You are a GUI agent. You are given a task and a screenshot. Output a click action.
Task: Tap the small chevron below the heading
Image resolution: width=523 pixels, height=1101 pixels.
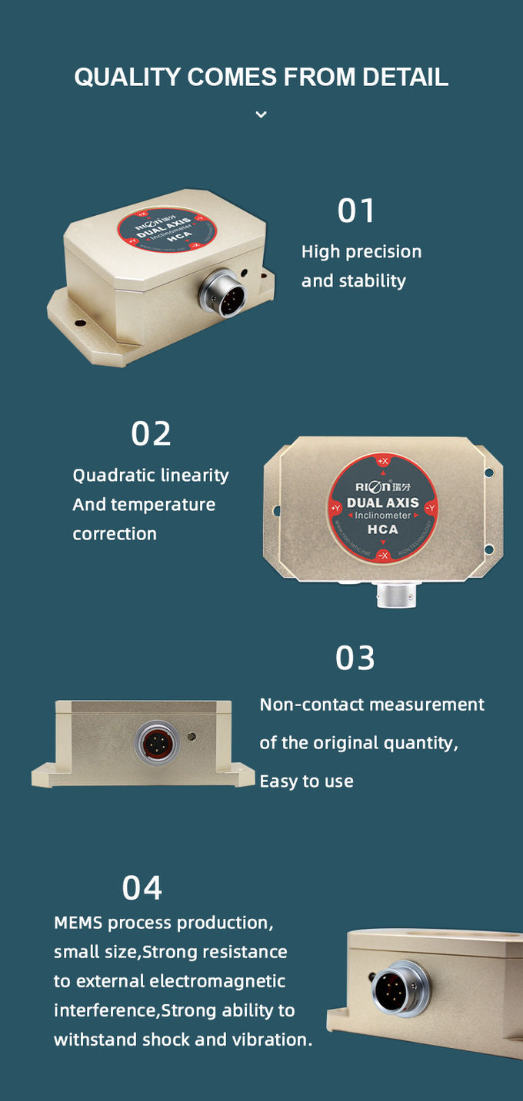tap(261, 114)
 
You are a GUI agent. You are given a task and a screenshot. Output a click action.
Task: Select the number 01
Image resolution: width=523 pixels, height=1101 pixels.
tap(356, 211)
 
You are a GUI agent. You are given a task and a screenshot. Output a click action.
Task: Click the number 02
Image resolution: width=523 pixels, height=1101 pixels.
tap(151, 434)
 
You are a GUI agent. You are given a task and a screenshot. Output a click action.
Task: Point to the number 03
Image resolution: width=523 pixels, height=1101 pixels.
tap(355, 658)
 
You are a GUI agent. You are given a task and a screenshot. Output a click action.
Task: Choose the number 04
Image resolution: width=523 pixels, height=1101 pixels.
tap(142, 887)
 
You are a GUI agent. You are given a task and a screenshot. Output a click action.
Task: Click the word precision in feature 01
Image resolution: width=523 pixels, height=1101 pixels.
tap(383, 252)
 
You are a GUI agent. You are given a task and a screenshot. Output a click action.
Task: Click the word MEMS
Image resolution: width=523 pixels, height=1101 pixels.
tap(78, 923)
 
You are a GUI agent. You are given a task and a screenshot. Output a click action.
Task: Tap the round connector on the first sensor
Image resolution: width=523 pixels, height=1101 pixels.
tap(223, 296)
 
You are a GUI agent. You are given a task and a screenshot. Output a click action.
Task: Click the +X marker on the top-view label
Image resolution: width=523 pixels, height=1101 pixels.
tap(383, 461)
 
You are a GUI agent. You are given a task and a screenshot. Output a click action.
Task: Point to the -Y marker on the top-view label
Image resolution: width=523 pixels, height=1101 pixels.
tap(431, 508)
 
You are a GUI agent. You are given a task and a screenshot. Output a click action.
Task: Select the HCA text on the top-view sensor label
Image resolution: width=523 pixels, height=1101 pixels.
tap(382, 529)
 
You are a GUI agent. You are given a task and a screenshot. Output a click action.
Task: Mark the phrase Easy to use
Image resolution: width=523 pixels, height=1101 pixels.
tap(306, 781)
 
